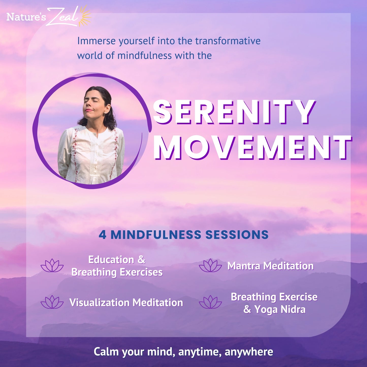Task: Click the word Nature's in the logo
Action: click(26, 17)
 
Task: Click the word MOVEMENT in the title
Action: click(252, 147)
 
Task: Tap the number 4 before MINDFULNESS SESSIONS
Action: click(102, 235)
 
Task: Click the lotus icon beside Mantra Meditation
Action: click(210, 265)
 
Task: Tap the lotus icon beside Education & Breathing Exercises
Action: click(52, 265)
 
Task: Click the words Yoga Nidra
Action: click(280, 310)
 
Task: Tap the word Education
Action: click(111, 260)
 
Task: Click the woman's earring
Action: click(105, 113)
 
